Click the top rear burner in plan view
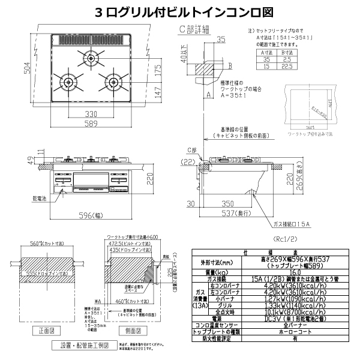coord(90,58)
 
